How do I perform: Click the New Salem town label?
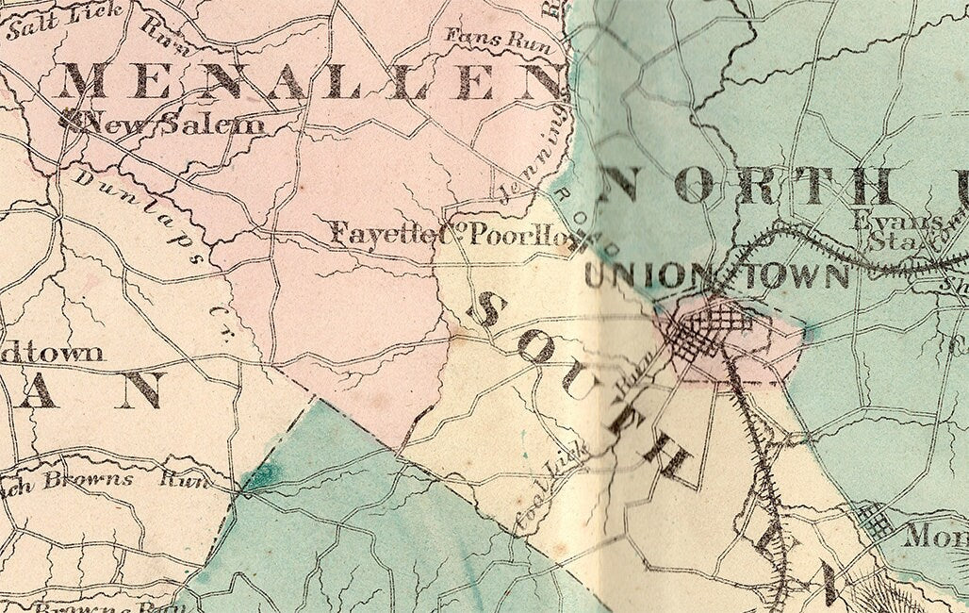(x=174, y=124)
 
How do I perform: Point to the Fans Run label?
(x=490, y=39)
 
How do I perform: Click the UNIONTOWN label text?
(x=716, y=276)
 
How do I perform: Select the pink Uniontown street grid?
(x=707, y=335)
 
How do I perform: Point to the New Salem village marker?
(x=71, y=119)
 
